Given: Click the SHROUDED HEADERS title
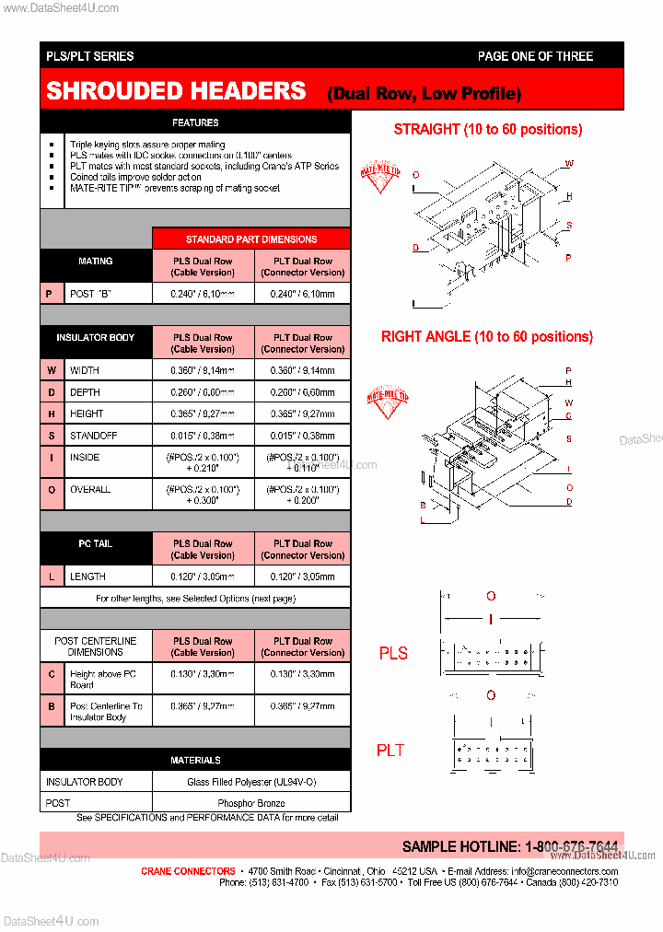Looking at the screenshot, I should pyautogui.click(x=176, y=91).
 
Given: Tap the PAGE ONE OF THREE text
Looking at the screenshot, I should pyautogui.click(x=535, y=56).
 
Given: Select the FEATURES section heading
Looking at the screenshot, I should pyautogui.click(x=195, y=122).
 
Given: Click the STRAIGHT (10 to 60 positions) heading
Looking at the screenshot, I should pyautogui.click(x=487, y=129).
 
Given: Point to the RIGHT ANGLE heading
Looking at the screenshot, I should pyautogui.click(x=486, y=337).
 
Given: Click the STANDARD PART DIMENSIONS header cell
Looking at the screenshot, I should pyautogui.click(x=250, y=239).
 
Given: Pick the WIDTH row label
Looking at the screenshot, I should pyautogui.click(x=85, y=370).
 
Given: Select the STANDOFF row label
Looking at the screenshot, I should pyautogui.click(x=90, y=436).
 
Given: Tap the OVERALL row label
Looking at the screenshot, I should pyautogui.click(x=90, y=490).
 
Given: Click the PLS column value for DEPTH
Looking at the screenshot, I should pyautogui.click(x=203, y=392).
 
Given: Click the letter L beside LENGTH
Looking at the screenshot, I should pyautogui.click(x=52, y=577).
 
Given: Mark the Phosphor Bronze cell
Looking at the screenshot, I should pyautogui.click(x=250, y=803).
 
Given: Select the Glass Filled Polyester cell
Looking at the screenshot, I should pyautogui.click(x=250, y=782).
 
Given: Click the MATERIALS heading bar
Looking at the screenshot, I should pyautogui.click(x=195, y=761).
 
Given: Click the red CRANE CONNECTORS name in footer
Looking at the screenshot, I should pyautogui.click(x=188, y=871).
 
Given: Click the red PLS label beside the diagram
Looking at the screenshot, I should pyautogui.click(x=393, y=653).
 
